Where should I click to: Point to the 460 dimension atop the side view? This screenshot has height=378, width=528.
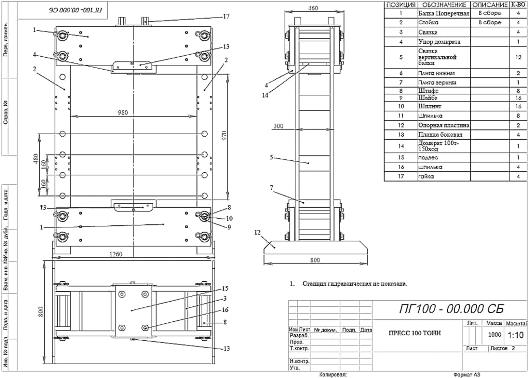(312, 8)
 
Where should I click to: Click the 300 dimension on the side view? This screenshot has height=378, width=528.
(279, 126)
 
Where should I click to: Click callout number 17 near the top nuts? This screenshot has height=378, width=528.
(226, 17)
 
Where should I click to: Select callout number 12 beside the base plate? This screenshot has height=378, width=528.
(257, 232)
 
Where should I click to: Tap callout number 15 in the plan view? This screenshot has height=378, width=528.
(225, 288)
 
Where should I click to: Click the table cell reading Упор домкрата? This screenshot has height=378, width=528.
(439, 42)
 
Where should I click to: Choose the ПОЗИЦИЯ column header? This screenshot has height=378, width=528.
(401, 4)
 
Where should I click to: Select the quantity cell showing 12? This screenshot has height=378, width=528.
(518, 57)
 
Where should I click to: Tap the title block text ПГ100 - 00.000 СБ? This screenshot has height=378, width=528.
(451, 309)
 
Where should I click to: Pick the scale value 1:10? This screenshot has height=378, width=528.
(516, 335)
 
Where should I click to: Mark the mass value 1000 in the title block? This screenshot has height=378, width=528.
(494, 334)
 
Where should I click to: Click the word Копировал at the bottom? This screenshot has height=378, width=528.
(333, 375)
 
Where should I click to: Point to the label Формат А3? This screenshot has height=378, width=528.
(467, 375)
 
